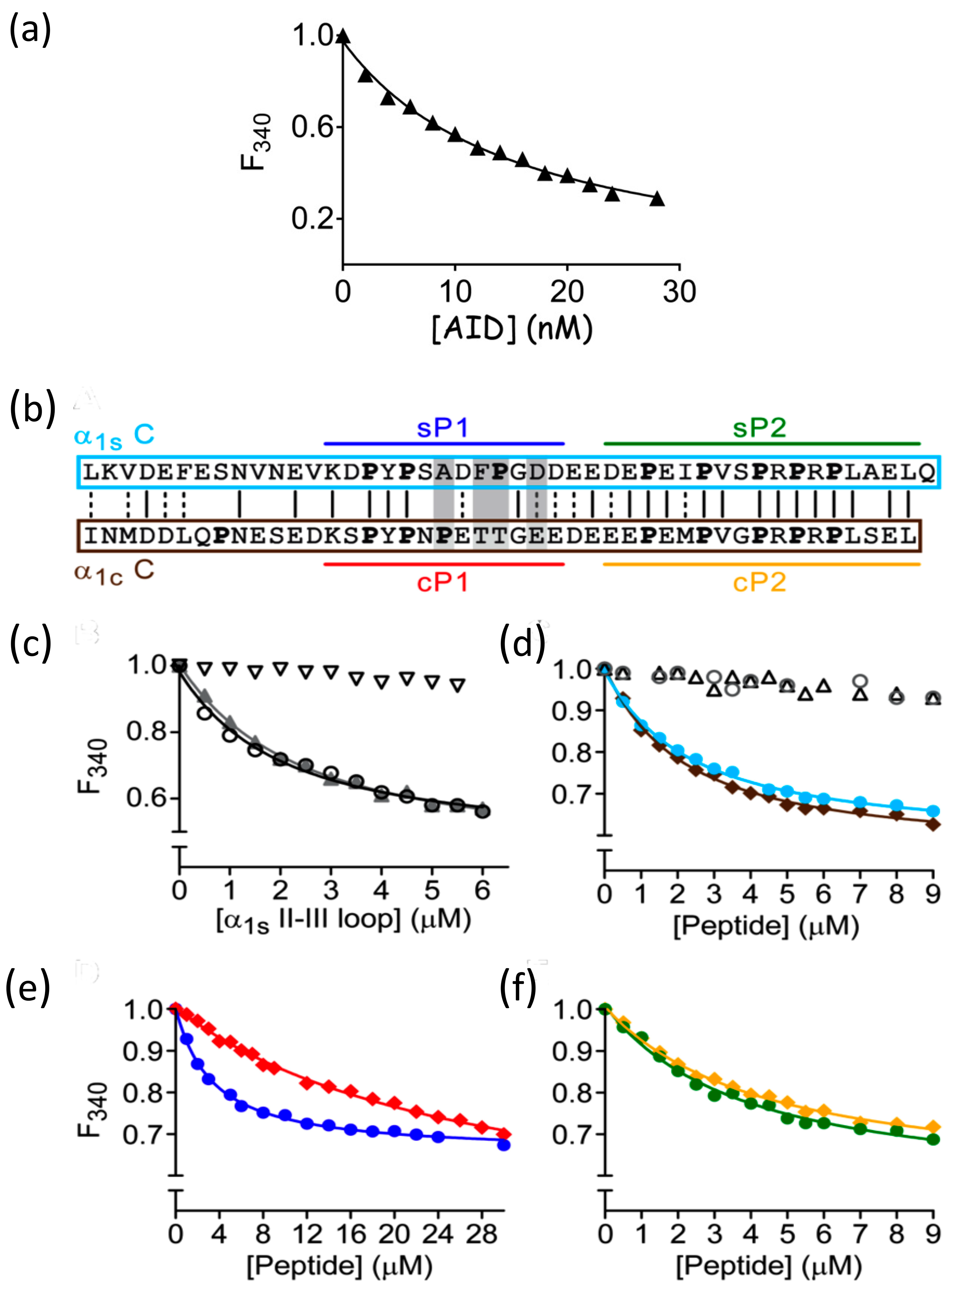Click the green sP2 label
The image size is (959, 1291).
click(x=759, y=428)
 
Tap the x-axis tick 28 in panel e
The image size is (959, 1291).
click(x=481, y=1234)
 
